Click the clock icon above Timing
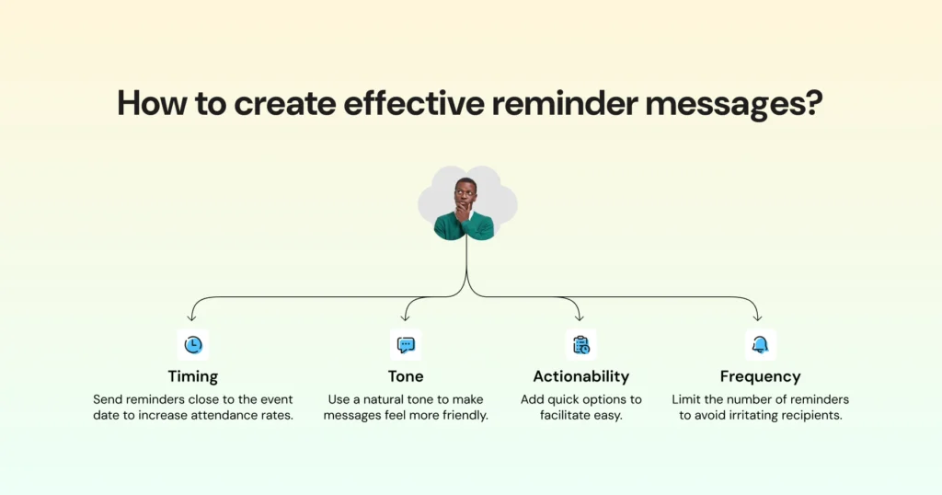tap(193, 345)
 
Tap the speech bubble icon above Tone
tap(406, 345)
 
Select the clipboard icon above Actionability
tap(580, 345)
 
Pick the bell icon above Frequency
tap(760, 345)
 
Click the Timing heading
tap(193, 376)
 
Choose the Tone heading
tap(406, 376)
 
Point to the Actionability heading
tap(580, 376)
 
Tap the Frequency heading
tap(760, 376)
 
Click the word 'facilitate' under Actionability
tap(570, 415)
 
